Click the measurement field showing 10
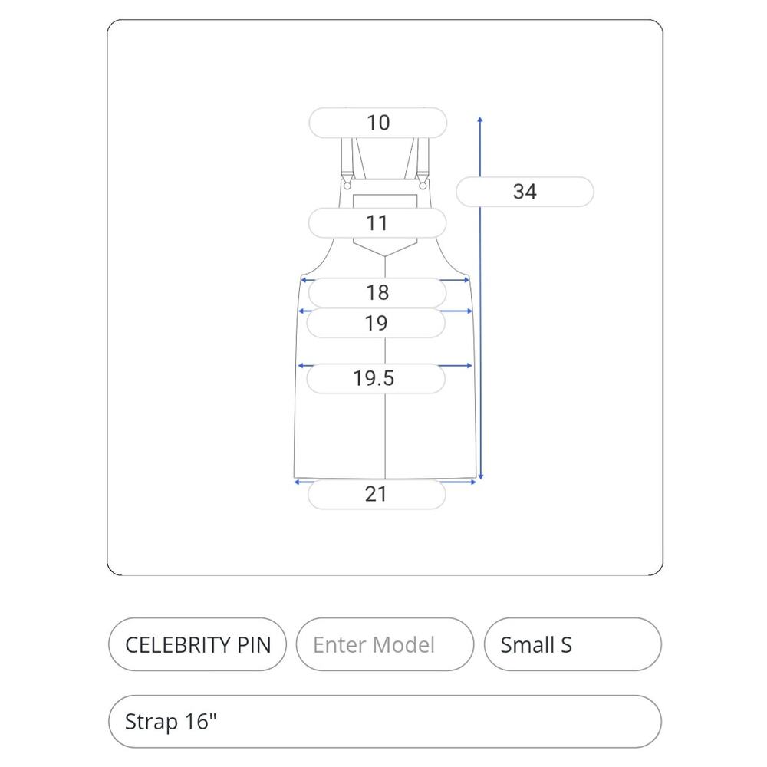[x=377, y=122]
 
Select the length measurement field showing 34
[x=525, y=191]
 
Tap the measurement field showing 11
[x=377, y=223]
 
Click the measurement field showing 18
[x=377, y=292]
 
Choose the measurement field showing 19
[x=376, y=323]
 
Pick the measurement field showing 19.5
[x=376, y=378]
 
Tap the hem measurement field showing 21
[x=377, y=494]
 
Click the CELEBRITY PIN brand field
[x=198, y=644]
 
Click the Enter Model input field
[x=385, y=644]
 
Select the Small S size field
[x=573, y=644]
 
